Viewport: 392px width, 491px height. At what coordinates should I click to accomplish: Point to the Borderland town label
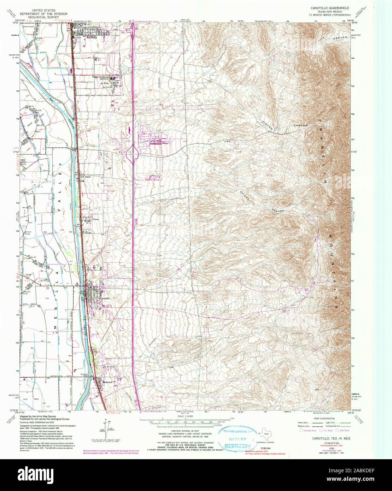(107, 382)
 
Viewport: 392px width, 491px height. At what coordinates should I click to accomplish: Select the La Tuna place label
(104, 83)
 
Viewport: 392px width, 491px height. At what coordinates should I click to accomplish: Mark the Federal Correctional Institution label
(99, 78)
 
